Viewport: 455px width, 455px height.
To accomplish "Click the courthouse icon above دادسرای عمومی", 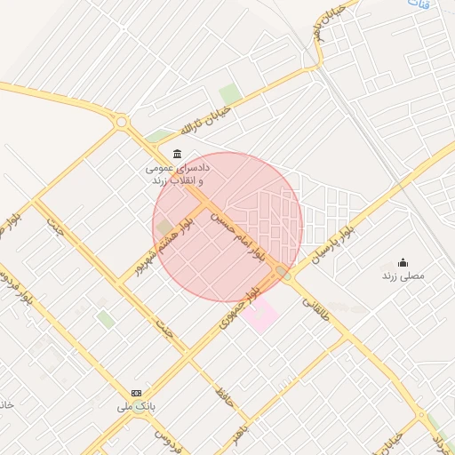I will click(177, 154).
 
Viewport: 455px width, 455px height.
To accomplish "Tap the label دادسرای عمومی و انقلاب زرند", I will click(178, 173).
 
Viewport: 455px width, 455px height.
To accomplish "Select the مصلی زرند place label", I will click(403, 276).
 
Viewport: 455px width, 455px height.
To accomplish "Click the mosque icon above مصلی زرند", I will click(403, 262).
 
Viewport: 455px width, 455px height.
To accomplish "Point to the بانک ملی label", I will click(136, 407).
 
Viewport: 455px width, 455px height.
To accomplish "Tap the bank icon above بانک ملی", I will click(136, 393).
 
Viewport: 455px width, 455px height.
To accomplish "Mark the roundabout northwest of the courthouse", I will click(122, 123).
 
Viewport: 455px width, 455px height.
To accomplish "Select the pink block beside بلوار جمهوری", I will click(260, 315).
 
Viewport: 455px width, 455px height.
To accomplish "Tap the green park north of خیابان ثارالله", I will click(230, 93).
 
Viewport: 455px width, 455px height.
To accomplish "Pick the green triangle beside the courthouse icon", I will click(160, 136).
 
